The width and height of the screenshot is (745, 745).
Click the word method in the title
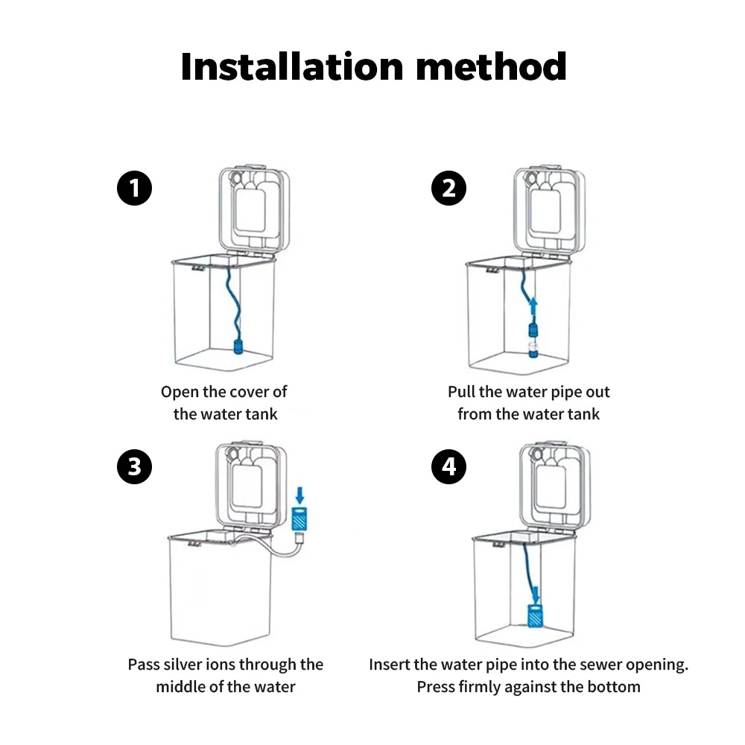tap(491, 66)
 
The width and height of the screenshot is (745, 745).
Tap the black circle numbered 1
tap(135, 188)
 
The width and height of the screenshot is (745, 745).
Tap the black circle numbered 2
tap(448, 188)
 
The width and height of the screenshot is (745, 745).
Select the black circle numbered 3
tap(135, 467)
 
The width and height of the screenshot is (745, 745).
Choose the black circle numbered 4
tap(448, 467)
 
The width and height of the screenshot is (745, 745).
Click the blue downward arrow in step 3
tap(299, 492)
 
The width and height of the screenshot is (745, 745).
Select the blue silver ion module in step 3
tap(299, 516)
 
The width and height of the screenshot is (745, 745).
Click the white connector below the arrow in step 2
tap(533, 346)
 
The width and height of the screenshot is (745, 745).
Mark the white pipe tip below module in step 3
tap(299, 536)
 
